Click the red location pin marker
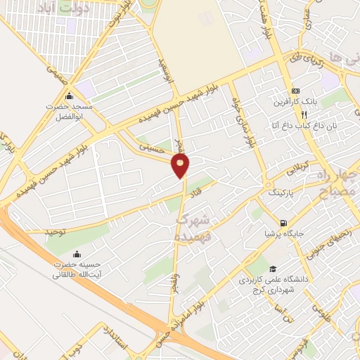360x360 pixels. click(x=181, y=166)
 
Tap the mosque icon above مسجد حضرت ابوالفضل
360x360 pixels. click(x=69, y=96)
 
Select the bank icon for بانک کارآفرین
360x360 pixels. click(x=296, y=91)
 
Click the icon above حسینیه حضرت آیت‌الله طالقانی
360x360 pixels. click(x=77, y=255)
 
